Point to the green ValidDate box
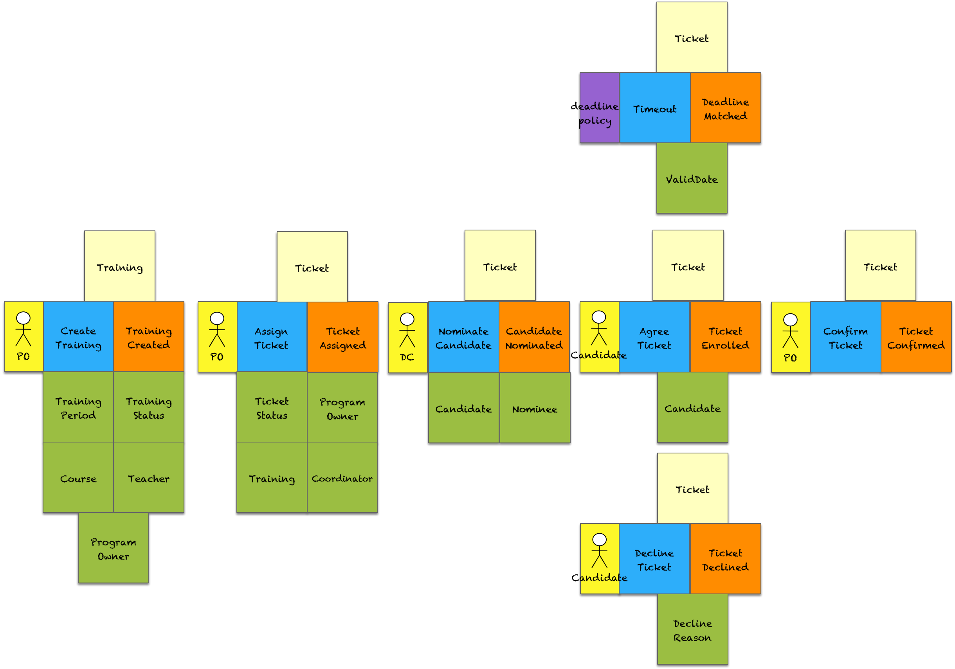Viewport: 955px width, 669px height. [x=692, y=179]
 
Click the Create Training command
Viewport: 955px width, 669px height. [x=78, y=337]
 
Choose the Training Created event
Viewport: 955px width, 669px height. [x=148, y=337]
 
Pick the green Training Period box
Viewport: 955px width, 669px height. [x=78, y=408]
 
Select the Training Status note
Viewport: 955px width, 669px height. [x=148, y=408]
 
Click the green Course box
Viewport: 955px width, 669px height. [x=78, y=478]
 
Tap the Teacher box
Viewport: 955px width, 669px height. [x=148, y=478]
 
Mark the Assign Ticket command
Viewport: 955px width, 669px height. [x=272, y=337]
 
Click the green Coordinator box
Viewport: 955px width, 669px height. [x=342, y=478]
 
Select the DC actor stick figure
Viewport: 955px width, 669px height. [x=407, y=330]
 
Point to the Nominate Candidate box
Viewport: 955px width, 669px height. [x=463, y=337]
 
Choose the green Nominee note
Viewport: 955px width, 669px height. [x=535, y=408]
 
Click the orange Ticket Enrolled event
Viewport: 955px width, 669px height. [x=725, y=337]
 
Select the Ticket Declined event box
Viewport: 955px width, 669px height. [x=725, y=559]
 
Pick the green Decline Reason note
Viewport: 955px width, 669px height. [x=692, y=629]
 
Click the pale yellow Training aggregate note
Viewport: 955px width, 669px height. [x=120, y=266]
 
